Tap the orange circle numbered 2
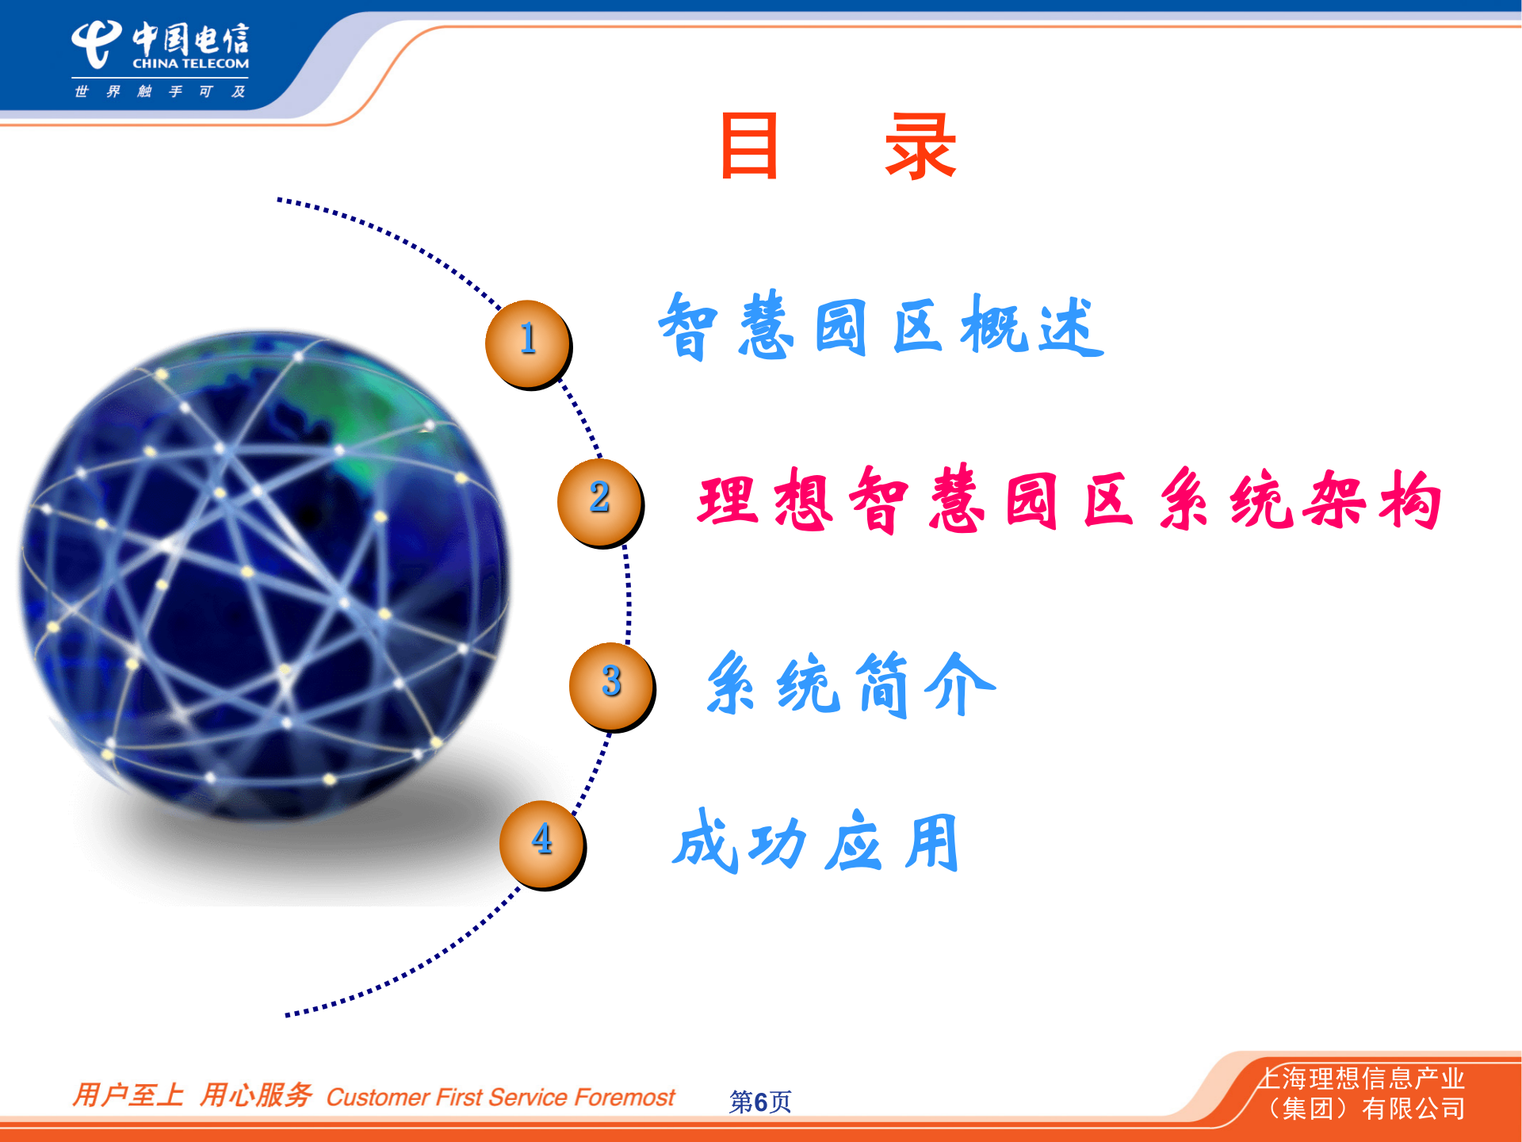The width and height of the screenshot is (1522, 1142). (599, 500)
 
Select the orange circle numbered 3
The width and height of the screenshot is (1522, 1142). (611, 684)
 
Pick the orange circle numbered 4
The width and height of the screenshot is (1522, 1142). (542, 842)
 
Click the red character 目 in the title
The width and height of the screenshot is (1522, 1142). (748, 146)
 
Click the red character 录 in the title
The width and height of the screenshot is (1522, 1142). (920, 146)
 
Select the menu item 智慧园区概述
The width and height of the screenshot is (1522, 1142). (880, 327)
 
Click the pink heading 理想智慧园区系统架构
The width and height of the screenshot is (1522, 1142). (1069, 500)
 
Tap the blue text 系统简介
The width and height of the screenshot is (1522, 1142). (850, 684)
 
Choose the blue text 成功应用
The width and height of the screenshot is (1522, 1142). (816, 842)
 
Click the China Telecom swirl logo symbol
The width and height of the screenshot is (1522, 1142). (96, 44)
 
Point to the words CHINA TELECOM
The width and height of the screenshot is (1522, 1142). (190, 63)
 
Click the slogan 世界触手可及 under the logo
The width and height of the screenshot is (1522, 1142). (159, 92)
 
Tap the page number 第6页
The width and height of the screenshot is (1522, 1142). (759, 1101)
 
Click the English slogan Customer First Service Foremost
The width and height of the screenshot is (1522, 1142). (500, 1098)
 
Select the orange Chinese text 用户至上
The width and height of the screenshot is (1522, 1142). (128, 1095)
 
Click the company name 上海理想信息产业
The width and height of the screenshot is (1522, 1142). (1360, 1079)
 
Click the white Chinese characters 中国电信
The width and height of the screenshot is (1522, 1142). (190, 38)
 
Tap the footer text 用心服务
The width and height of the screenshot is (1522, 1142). (255, 1095)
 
